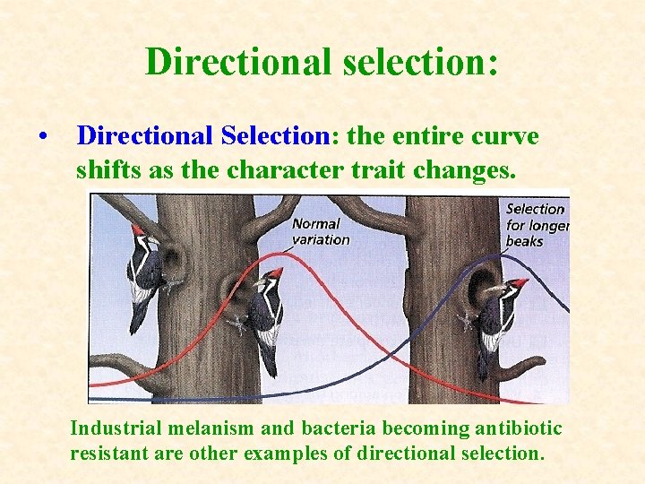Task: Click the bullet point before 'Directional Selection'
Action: click(x=42, y=137)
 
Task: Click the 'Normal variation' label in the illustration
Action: click(x=320, y=231)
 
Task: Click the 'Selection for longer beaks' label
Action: click(x=537, y=224)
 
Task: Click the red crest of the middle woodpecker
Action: click(x=275, y=272)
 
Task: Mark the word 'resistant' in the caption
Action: click(x=105, y=454)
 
